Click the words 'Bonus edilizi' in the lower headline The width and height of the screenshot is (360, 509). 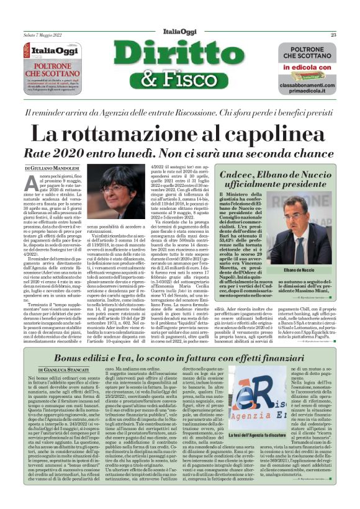pos(87,358)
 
